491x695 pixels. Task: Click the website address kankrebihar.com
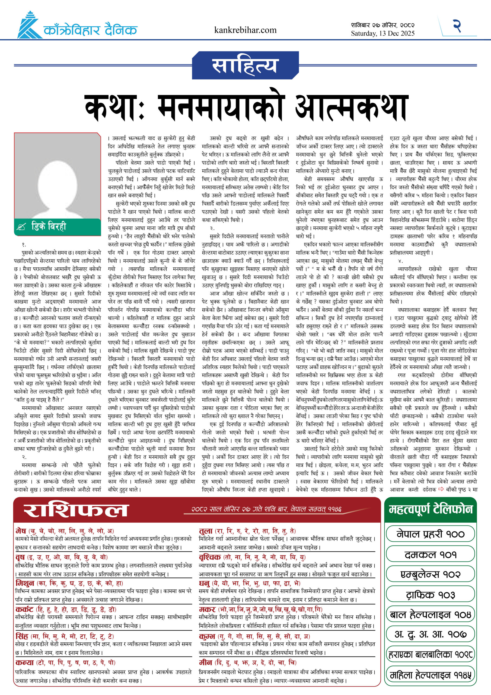pos(245,30)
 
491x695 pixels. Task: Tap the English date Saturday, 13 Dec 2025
pos(382,33)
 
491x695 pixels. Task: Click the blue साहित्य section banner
pos(245,65)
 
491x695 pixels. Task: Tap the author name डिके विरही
pos(48,226)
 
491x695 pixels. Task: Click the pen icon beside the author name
pos(22,227)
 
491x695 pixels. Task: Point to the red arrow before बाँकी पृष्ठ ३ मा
pos(441,489)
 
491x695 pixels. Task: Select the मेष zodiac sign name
pos(21,531)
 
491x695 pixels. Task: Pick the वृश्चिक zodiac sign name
pos(210,557)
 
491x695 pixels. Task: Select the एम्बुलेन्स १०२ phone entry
pos(430,574)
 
